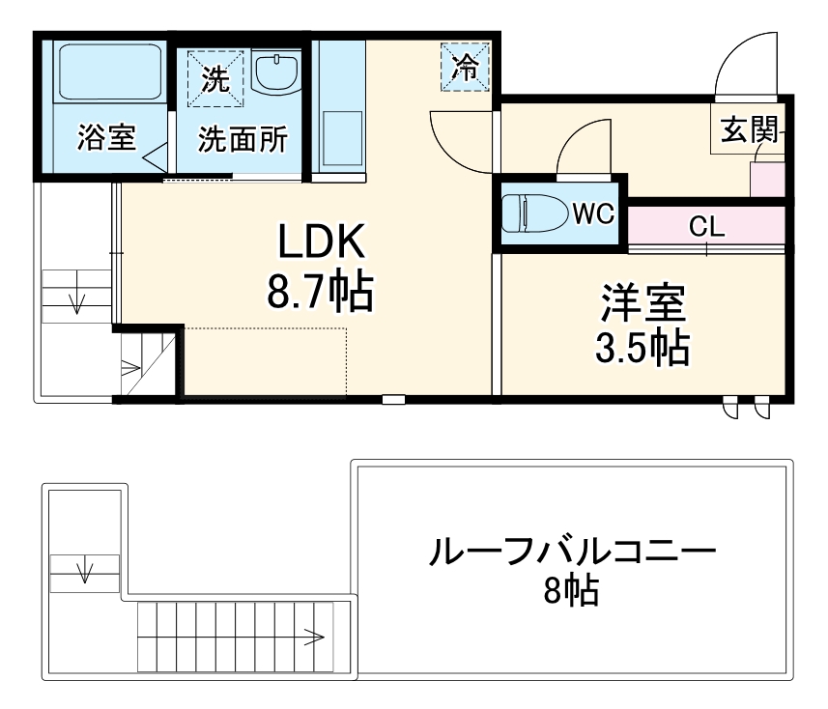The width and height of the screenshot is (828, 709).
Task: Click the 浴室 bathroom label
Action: (x=106, y=139)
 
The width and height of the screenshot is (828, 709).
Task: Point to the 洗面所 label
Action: (x=243, y=140)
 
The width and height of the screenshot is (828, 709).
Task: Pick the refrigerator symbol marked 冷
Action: (x=466, y=67)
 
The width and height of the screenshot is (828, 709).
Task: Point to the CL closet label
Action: (x=706, y=227)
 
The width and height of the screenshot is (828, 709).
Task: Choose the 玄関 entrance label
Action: (x=749, y=129)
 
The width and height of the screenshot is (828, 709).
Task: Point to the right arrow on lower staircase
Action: (x=311, y=636)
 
